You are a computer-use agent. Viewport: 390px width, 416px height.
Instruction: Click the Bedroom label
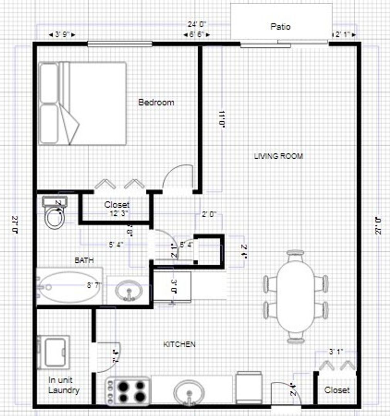pos(156,102)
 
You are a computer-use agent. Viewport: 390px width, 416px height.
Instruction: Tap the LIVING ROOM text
pos(278,156)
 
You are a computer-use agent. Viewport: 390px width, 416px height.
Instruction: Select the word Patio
pos(280,27)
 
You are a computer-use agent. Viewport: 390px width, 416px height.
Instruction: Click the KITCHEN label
pos(179,344)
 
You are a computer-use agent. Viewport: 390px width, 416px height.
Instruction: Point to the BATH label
pos(84,261)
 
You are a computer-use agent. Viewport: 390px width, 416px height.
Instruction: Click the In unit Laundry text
pos(64,385)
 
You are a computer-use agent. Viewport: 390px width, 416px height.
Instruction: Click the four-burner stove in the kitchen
pos(128,391)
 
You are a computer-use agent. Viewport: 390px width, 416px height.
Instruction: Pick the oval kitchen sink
pos(189,392)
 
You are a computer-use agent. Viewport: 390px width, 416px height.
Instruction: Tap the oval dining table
pos(295,295)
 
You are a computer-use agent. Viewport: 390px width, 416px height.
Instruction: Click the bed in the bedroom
pos(83,103)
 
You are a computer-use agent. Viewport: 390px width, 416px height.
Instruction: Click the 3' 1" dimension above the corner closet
pos(336,352)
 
